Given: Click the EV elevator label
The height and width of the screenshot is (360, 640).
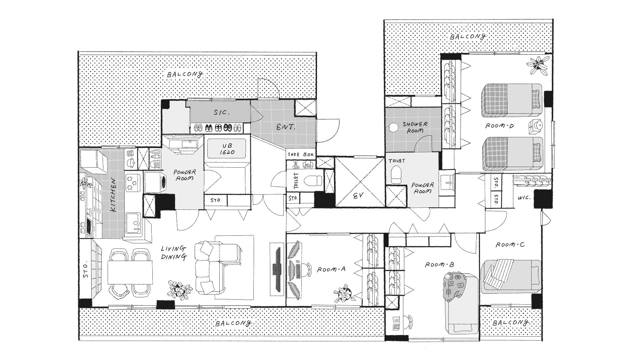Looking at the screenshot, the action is (359, 196).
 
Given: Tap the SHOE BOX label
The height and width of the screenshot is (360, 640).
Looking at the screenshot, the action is (301, 155).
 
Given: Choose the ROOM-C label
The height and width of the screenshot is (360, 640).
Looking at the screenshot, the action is (510, 245).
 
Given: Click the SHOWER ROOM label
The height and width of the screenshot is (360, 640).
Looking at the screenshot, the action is (415, 127).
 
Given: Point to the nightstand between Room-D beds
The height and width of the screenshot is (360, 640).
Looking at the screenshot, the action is (536, 126).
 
